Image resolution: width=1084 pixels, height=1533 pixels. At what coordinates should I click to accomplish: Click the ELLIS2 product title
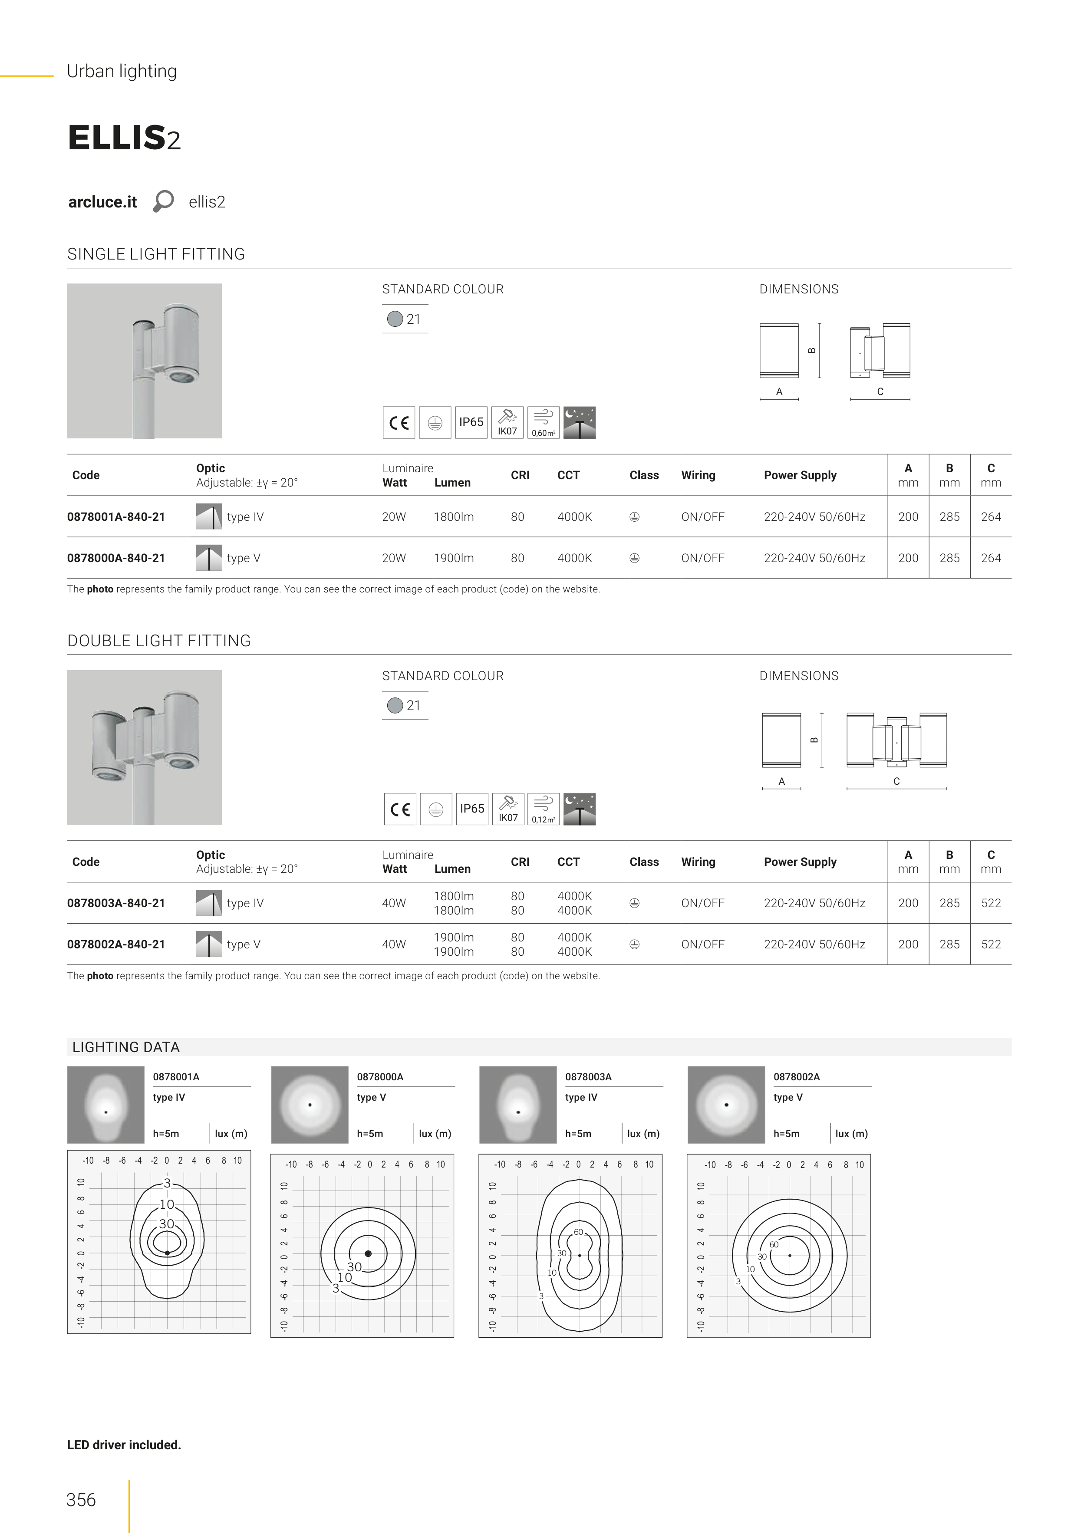(x=124, y=138)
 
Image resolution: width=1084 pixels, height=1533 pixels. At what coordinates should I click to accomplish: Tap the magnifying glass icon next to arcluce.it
(x=163, y=201)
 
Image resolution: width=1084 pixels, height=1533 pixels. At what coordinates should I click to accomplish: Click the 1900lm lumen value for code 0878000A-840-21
(x=454, y=558)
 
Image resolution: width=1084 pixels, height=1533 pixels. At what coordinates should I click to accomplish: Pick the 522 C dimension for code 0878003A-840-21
(x=991, y=903)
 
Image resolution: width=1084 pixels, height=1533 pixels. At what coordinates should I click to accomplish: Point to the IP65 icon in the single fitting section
(x=471, y=423)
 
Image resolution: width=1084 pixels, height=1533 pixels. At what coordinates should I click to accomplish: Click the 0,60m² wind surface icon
(x=543, y=423)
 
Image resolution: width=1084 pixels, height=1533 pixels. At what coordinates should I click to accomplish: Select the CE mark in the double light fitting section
(x=400, y=809)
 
